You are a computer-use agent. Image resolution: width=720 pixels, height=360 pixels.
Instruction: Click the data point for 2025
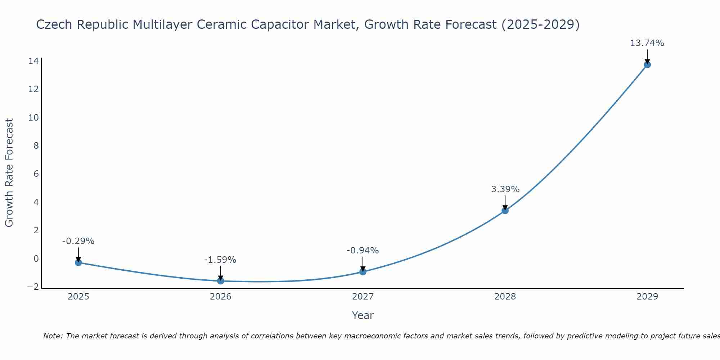click(x=78, y=262)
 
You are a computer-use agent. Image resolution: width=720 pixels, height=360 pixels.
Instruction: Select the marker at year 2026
click(x=221, y=281)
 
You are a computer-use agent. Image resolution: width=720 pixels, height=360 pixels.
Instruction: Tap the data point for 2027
click(x=363, y=272)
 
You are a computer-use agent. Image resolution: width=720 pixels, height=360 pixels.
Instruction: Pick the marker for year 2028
click(x=505, y=211)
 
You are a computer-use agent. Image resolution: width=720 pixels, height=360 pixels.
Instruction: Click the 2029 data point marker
click(x=647, y=65)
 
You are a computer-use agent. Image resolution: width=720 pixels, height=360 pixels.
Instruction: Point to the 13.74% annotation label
click(x=647, y=44)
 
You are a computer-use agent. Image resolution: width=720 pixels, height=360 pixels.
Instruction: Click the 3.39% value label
click(x=505, y=189)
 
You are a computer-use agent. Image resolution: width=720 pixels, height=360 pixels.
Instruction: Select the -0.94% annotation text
click(x=363, y=251)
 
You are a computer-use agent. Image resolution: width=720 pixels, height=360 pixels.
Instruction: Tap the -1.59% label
click(x=220, y=260)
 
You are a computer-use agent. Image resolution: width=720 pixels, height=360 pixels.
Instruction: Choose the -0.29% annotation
click(x=78, y=241)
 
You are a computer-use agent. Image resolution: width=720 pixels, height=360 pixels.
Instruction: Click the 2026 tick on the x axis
click(x=221, y=297)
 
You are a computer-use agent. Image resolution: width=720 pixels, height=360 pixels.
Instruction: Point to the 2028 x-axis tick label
click(x=505, y=297)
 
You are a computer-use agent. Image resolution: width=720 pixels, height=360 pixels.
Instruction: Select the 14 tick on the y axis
click(x=33, y=61)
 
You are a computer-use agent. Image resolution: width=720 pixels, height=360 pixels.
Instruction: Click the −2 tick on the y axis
click(x=33, y=287)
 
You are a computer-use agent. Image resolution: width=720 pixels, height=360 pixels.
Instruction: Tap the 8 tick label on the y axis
click(x=36, y=146)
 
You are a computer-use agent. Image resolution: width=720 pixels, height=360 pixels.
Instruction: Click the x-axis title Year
click(x=363, y=316)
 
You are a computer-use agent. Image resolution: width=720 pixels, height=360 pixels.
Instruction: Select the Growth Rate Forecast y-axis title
click(x=9, y=173)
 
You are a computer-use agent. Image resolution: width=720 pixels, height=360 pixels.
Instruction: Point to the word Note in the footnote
click(x=53, y=336)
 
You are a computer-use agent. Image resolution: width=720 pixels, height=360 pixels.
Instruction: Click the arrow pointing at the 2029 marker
click(x=647, y=57)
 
